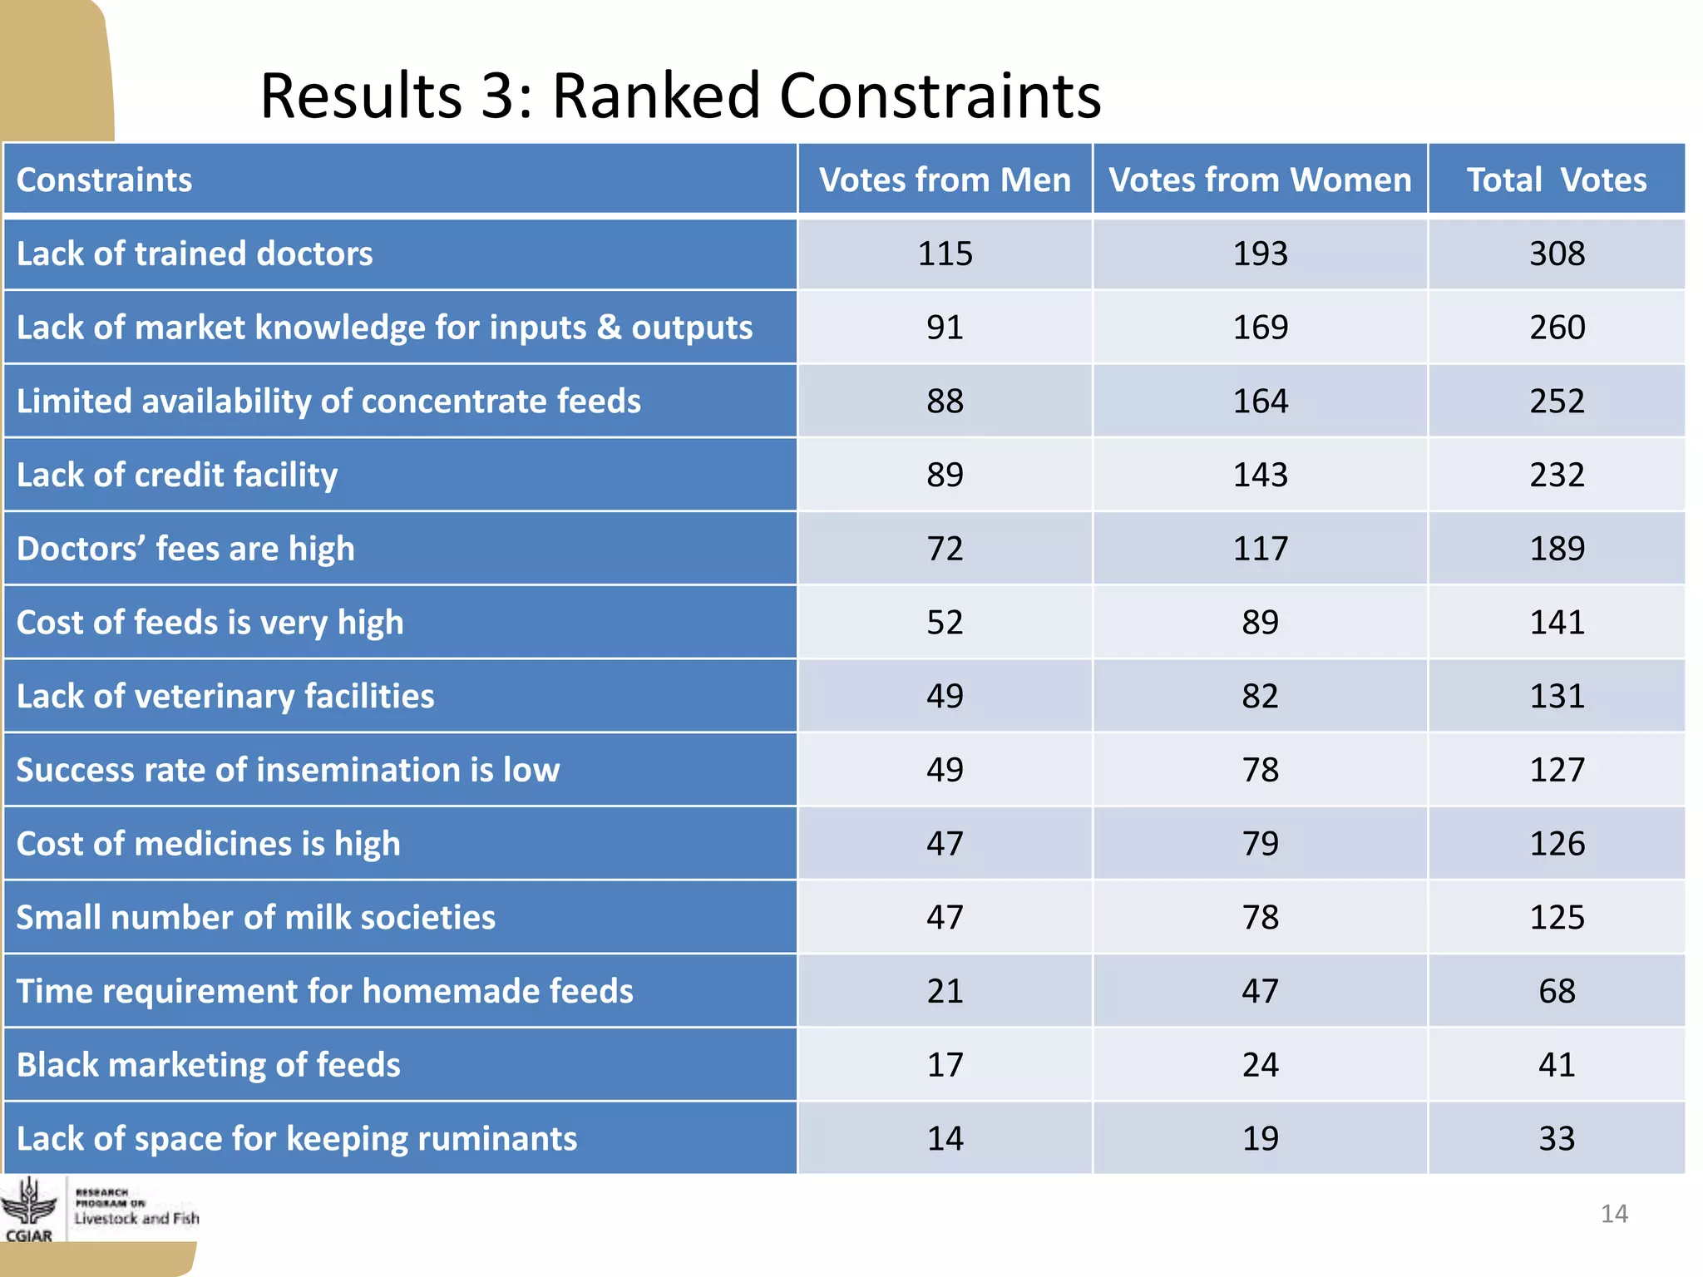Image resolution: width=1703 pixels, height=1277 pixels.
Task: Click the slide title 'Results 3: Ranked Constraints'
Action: [x=680, y=96]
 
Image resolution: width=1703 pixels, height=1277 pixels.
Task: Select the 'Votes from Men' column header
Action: [x=945, y=180]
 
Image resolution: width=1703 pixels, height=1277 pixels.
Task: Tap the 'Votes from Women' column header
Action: [x=1260, y=180]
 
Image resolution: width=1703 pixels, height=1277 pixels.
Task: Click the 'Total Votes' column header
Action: [x=1556, y=180]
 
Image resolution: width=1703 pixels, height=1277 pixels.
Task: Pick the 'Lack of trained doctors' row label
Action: [x=195, y=254]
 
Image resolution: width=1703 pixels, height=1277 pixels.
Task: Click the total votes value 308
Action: [x=1557, y=254]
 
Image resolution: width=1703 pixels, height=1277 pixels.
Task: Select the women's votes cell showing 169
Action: [x=1260, y=328]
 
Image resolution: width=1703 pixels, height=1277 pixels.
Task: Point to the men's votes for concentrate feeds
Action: [x=945, y=402]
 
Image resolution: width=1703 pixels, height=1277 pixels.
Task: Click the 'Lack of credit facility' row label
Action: [x=177, y=475]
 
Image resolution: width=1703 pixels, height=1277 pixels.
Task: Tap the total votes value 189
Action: [x=1557, y=549]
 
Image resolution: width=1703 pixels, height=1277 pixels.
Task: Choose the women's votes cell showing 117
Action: [x=1260, y=549]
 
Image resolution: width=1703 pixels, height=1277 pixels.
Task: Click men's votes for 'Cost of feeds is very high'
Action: [x=945, y=623]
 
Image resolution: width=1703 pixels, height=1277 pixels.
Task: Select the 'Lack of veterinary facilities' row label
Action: [x=225, y=696]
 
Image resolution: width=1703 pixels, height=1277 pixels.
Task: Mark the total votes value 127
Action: [x=1557, y=770]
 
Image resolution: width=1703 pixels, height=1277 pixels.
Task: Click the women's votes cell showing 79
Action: [x=1260, y=844]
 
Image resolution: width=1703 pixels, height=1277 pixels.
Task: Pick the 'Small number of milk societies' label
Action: [x=256, y=918]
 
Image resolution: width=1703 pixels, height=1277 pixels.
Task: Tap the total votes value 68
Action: [x=1557, y=991]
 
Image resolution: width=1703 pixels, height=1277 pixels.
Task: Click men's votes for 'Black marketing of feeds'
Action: [x=945, y=1065]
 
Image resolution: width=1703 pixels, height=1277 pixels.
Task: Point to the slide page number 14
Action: [x=1614, y=1214]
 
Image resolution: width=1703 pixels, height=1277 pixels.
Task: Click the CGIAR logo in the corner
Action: [x=30, y=1210]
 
